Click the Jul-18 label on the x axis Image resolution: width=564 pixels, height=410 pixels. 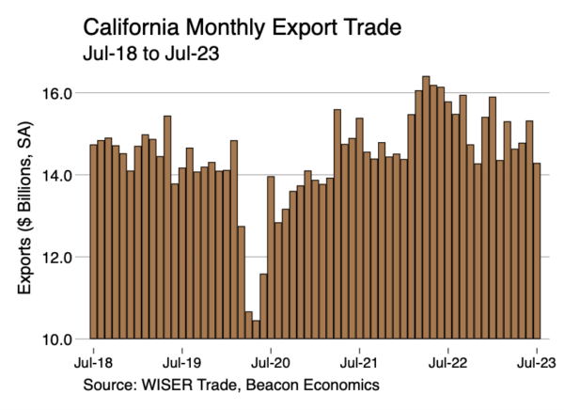point(93,361)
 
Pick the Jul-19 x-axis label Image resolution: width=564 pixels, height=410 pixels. point(181,361)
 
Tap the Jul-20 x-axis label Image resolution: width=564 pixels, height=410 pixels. point(271,361)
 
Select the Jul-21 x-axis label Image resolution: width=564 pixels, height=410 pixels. point(359,361)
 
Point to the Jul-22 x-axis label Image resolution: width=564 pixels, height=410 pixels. point(448,361)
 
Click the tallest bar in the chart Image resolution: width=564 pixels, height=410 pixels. point(426,207)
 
